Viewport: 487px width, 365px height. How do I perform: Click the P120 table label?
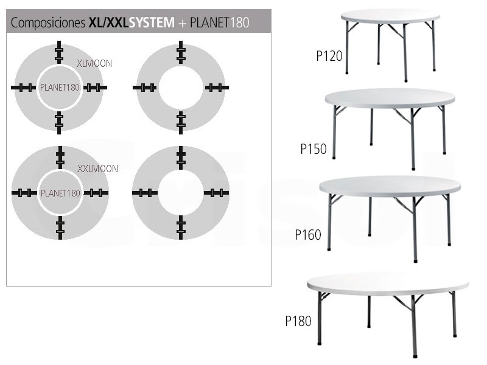pos(329,56)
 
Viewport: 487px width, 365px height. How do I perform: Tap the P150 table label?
pos(314,149)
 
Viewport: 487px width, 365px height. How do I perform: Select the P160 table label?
pos(308,235)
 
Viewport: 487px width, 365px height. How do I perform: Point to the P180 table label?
pos(298,321)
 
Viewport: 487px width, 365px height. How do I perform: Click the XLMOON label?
pos(94,64)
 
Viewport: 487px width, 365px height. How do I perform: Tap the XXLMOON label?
pos(97,169)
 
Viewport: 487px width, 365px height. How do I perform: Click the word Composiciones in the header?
pos(48,23)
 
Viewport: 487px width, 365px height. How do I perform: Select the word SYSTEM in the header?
pos(152,23)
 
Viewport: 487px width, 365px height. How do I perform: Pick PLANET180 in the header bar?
pos(220,23)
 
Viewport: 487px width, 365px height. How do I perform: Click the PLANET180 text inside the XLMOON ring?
pos(60,88)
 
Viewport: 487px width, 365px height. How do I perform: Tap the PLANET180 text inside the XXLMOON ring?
pos(60,193)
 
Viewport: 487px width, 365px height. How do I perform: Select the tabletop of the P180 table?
pos(388,284)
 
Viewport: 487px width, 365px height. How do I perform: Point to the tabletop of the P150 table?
pos(390,99)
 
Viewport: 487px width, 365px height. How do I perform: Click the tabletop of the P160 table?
pos(390,187)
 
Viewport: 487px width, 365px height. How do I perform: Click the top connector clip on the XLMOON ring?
pos(59,52)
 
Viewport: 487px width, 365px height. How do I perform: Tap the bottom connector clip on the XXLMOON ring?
pos(60,228)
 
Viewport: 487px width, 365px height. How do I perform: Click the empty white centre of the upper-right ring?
pos(181,88)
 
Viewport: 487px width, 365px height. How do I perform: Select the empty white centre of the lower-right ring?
pos(181,193)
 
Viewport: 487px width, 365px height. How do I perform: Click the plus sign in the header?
pos(182,23)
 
